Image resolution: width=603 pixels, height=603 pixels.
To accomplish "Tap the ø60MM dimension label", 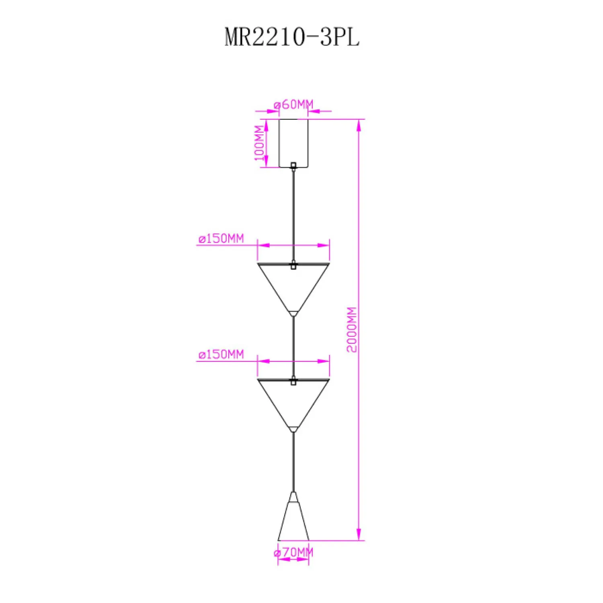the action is (293, 105).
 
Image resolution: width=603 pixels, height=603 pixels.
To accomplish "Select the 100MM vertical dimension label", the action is (260, 143).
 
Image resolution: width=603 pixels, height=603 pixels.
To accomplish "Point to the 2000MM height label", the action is (352, 330).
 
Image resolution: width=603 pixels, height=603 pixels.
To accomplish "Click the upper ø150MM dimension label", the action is (221, 239).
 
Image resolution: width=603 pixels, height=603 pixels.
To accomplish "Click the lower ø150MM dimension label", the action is (221, 355).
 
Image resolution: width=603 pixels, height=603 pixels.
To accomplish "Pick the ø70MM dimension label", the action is (293, 552).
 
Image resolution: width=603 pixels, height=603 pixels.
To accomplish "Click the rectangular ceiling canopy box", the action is (293, 143).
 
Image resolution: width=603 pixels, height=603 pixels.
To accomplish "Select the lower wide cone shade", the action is (293, 404).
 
